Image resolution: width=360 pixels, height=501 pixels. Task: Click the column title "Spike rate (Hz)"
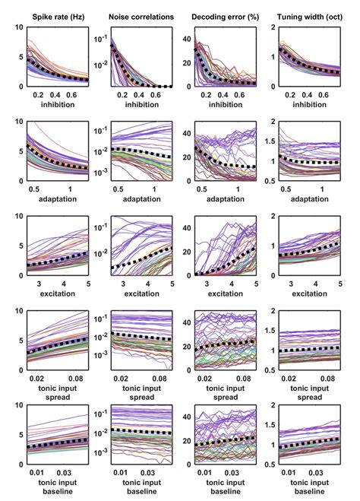click(x=55, y=13)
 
